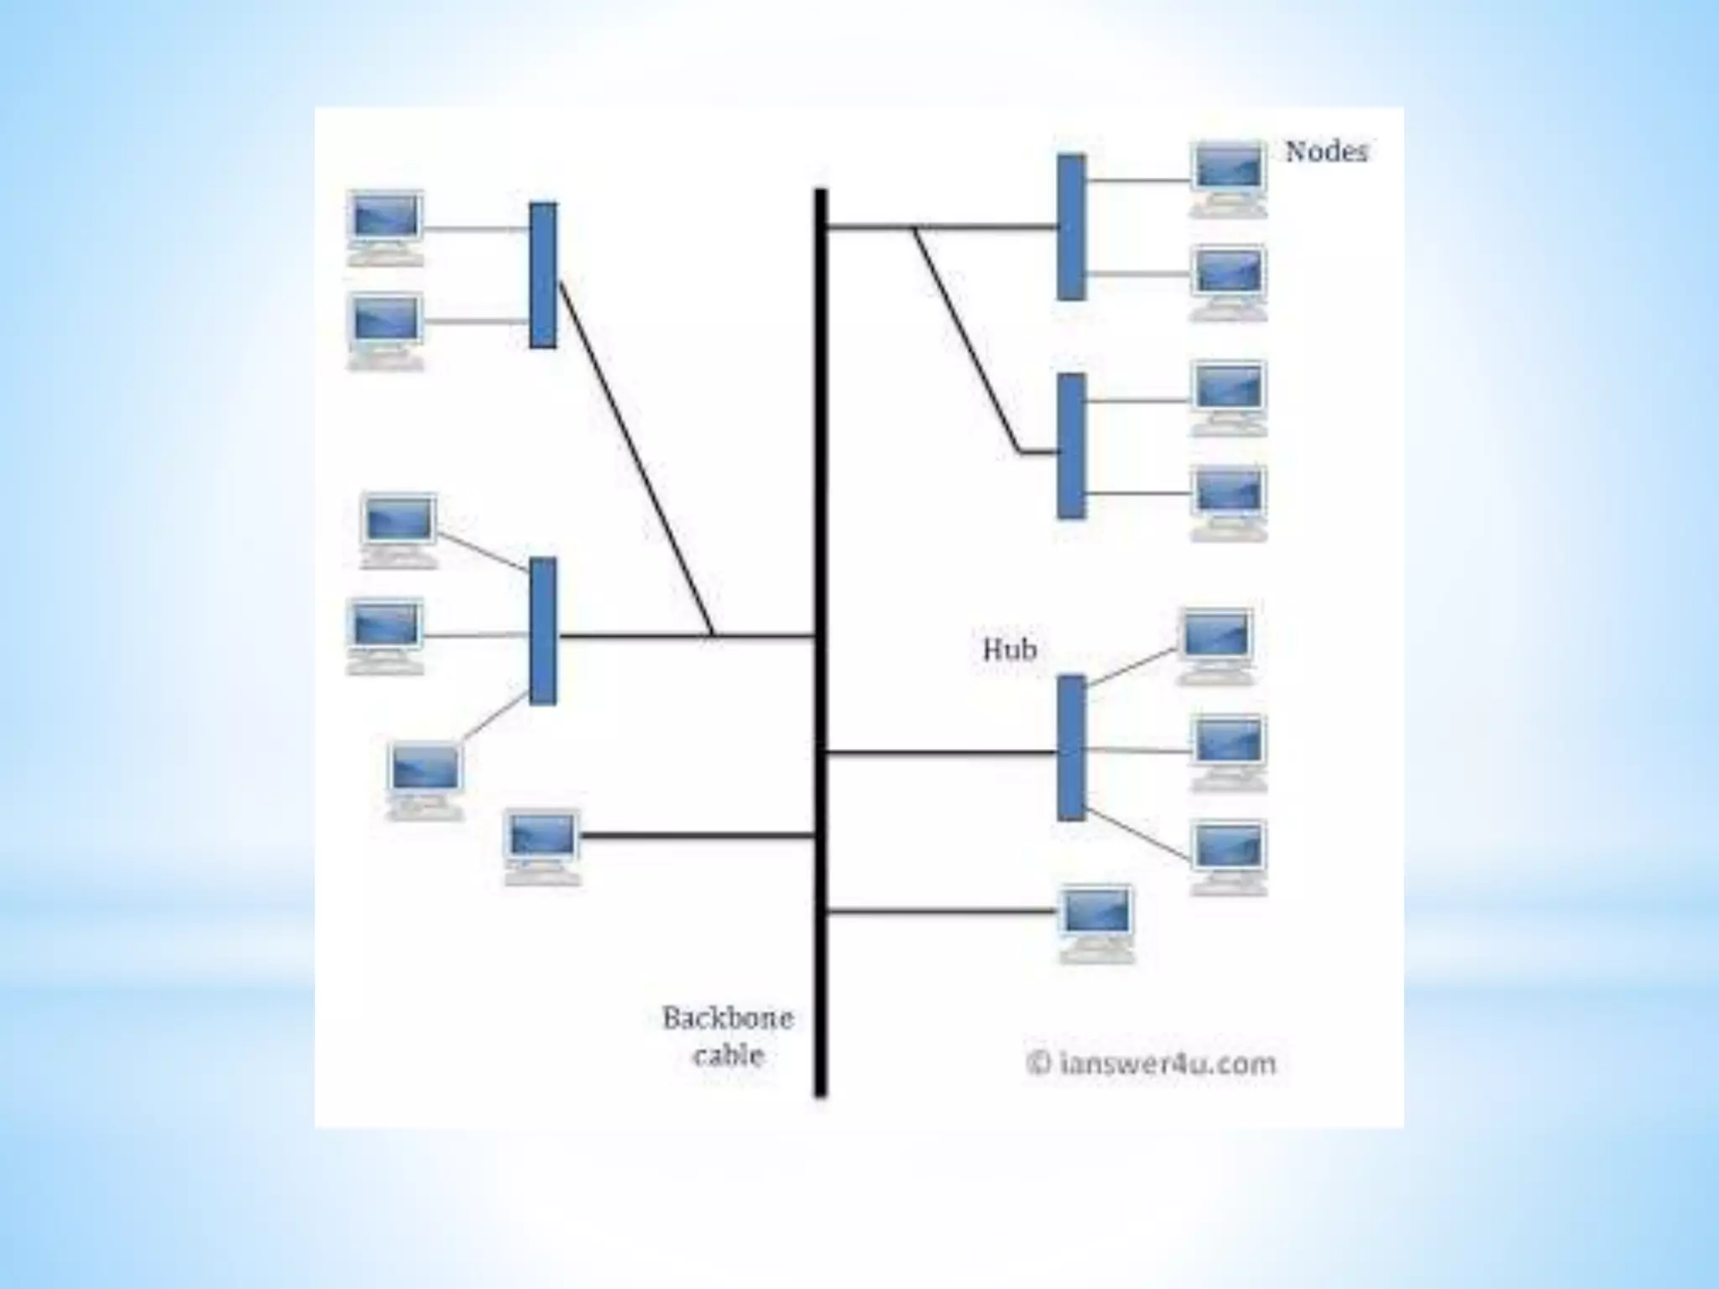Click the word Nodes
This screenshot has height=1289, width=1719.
1326,152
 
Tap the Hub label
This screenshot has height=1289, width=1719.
1010,650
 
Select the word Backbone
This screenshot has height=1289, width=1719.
728,1019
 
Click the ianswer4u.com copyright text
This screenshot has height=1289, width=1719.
1152,1064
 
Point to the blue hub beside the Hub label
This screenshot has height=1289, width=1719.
1071,747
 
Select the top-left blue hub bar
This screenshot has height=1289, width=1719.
543,275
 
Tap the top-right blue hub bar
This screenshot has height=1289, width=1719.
1071,227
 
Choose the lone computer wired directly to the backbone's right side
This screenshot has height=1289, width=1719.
1097,921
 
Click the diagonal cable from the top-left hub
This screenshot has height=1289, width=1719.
635,457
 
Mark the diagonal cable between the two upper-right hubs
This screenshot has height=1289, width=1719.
967,339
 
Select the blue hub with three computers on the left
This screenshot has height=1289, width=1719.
543,631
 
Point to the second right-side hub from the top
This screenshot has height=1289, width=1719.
1071,446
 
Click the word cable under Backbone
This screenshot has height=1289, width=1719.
728,1056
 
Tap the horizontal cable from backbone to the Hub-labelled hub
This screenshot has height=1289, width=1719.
940,753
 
